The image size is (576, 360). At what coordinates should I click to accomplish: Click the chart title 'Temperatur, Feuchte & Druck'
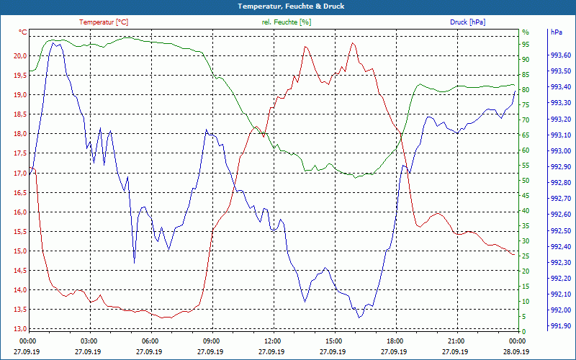click(x=288, y=6)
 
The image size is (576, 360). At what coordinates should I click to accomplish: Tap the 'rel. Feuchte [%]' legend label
click(x=287, y=22)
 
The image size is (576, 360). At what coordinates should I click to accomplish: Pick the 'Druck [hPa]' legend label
click(x=467, y=22)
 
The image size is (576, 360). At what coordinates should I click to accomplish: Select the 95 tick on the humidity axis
click(x=525, y=44)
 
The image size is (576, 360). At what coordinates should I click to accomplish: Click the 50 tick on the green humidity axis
click(x=525, y=181)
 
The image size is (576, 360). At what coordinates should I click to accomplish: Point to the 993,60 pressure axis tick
click(x=561, y=55)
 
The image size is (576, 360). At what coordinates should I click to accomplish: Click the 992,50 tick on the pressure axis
click(x=561, y=230)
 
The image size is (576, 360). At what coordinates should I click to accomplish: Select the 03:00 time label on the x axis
click(x=89, y=341)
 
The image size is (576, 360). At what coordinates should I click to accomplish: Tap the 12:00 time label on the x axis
click(x=273, y=341)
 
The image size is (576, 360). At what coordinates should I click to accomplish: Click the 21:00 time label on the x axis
click(x=456, y=341)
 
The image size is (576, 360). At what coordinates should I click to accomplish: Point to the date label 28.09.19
click(x=518, y=352)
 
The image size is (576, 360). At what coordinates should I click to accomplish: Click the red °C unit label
click(x=23, y=32)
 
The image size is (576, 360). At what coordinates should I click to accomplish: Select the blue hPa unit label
click(x=557, y=32)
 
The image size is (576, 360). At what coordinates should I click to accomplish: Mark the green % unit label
click(x=525, y=32)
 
